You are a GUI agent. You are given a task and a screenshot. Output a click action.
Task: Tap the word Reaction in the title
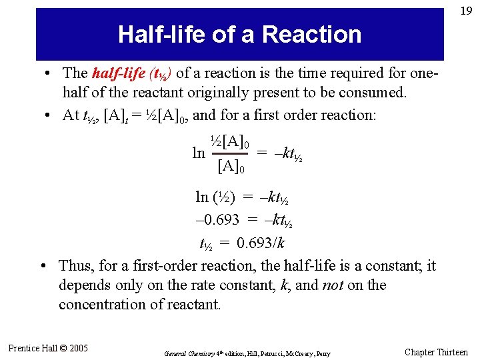tap(312, 34)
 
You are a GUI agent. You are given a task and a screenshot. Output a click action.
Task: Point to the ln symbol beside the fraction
tap(199, 153)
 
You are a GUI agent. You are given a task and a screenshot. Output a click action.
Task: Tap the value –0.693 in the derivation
tap(217, 220)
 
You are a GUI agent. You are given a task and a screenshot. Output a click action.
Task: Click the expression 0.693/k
tap(261, 242)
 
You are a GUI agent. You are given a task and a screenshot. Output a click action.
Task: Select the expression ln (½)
tap(214, 197)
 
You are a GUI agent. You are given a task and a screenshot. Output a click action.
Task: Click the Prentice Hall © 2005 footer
tap(47, 347)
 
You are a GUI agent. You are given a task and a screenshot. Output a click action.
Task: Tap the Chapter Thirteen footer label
tap(437, 352)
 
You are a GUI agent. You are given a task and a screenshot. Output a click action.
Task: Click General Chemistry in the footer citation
tap(184, 353)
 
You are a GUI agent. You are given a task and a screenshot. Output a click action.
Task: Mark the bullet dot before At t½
tap(49, 115)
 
